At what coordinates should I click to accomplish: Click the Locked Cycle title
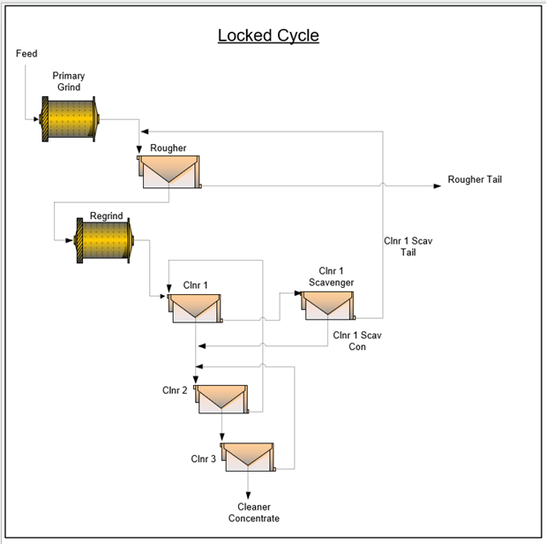point(268,35)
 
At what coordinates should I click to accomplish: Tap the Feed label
point(26,54)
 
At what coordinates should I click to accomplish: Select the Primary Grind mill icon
point(70,119)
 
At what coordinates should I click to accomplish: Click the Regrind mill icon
point(104,240)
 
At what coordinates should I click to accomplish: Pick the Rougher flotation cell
point(169,172)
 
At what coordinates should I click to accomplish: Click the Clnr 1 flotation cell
point(195,308)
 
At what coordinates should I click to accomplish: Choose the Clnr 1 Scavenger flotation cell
point(328,306)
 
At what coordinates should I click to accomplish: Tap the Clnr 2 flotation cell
point(221,399)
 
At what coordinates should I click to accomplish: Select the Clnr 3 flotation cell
point(248,457)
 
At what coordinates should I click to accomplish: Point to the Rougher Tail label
point(475,179)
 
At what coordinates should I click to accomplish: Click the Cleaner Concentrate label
point(254,512)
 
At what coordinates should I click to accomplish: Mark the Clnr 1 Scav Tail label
point(408,246)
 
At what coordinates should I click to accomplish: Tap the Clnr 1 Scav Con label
point(357,341)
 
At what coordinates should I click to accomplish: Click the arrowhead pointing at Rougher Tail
point(438,185)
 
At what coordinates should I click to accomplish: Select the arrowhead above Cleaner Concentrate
point(248,496)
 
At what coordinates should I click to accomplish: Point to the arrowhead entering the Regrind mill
point(70,240)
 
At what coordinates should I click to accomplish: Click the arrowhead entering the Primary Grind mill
point(36,119)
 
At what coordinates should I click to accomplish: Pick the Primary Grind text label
point(69,81)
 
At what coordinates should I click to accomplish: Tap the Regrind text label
point(107,216)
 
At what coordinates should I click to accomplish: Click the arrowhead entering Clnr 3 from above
point(221,436)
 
